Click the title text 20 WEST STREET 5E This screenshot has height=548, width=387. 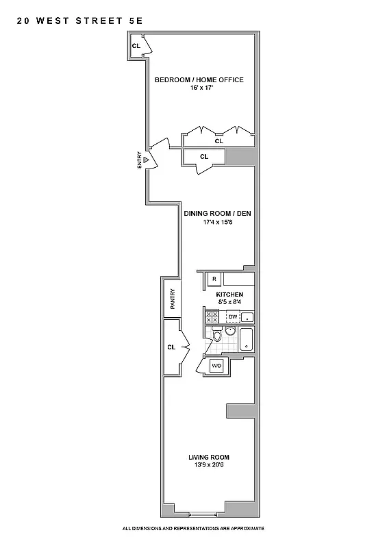coord(79,21)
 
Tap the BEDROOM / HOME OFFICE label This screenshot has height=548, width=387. coord(199,80)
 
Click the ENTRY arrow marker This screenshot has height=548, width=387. coord(145,160)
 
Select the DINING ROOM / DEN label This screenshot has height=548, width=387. coord(217,213)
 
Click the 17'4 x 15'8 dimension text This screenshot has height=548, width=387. coord(218,222)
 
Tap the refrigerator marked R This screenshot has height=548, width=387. coord(214,279)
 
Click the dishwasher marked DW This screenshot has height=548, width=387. coord(233,316)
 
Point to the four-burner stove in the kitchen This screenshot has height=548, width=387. coord(212,316)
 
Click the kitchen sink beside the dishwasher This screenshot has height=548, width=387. coord(248,316)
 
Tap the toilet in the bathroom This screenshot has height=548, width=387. coord(216,336)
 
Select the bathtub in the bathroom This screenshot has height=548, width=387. coord(246,339)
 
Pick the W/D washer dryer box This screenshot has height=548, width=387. coord(217,366)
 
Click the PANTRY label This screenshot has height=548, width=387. coord(173,299)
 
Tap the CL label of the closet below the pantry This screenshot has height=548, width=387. coord(171,347)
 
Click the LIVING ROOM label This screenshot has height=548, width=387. coord(209,457)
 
